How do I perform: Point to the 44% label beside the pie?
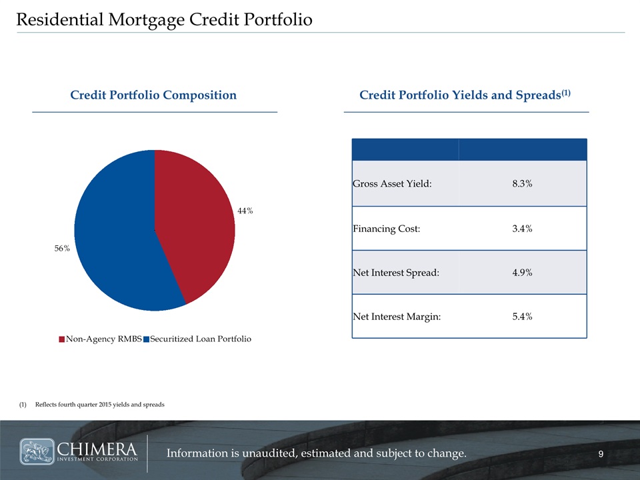(x=245, y=211)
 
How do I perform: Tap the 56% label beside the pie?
(x=63, y=248)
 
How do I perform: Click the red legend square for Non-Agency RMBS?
(x=62, y=339)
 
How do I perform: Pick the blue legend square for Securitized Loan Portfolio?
(x=147, y=339)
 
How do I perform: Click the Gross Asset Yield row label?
(x=392, y=184)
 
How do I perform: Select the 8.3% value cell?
(x=523, y=184)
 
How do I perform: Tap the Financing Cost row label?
(x=387, y=229)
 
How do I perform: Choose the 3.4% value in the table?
(x=523, y=229)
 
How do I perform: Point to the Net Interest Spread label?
(x=396, y=273)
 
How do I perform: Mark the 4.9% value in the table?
(x=523, y=273)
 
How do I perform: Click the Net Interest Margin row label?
(x=397, y=317)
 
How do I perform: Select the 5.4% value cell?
(x=523, y=317)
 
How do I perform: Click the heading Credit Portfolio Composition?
(x=153, y=95)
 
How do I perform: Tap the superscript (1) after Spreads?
(x=566, y=93)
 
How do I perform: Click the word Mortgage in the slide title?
(x=146, y=20)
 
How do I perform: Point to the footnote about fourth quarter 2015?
(x=92, y=405)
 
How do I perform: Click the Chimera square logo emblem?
(x=37, y=451)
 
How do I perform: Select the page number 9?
(x=601, y=454)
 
